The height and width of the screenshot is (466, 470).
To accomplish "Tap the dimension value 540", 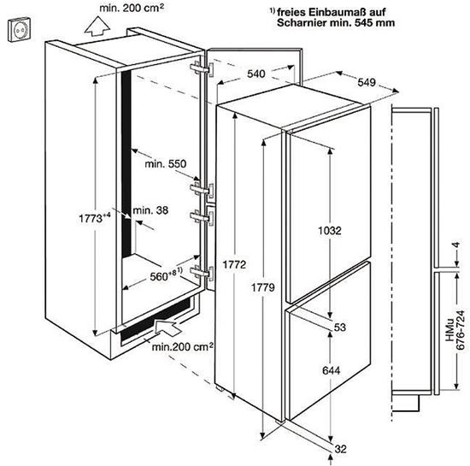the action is pyautogui.click(x=256, y=74).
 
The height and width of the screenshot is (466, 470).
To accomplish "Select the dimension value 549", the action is pyautogui.click(x=367, y=82).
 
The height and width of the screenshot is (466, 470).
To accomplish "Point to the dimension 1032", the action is pyautogui.click(x=330, y=230).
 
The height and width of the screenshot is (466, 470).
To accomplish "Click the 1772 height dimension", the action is pyautogui.click(x=234, y=264).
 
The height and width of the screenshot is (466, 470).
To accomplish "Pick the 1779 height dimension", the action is pyautogui.click(x=263, y=287).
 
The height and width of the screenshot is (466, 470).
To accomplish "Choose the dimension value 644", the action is pyautogui.click(x=332, y=370).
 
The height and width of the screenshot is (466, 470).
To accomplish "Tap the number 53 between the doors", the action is pyautogui.click(x=340, y=327).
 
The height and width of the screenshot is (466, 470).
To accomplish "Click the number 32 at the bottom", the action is pyautogui.click(x=340, y=449).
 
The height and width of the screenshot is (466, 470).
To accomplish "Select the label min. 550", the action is pyautogui.click(x=166, y=163).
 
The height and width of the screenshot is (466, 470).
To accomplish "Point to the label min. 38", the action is pyautogui.click(x=150, y=210).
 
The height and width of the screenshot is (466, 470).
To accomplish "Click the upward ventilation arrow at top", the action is pyautogui.click(x=97, y=27).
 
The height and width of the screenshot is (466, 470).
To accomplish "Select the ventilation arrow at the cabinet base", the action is pyautogui.click(x=168, y=327).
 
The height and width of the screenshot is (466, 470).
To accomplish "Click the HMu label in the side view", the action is pyautogui.click(x=449, y=330).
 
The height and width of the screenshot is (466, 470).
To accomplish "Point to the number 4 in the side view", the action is pyautogui.click(x=456, y=245).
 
